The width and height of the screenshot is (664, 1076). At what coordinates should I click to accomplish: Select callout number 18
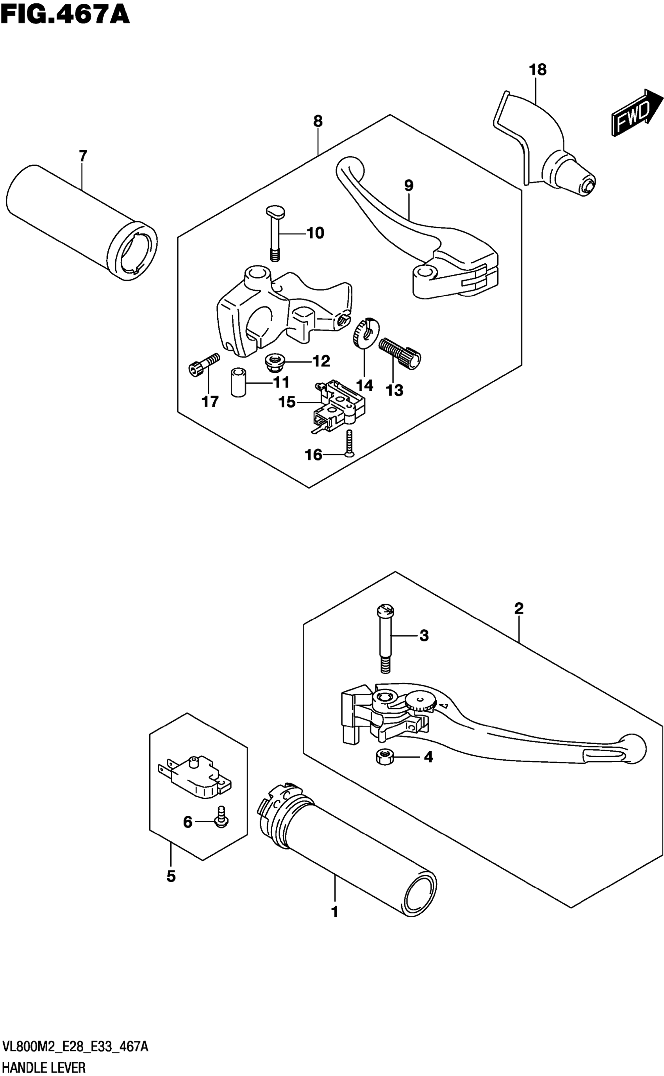point(537,70)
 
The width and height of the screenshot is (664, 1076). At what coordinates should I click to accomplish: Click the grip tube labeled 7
point(81,222)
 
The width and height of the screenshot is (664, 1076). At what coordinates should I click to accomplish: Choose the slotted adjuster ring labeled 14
point(365,333)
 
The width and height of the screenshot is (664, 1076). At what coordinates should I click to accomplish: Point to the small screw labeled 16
point(349,443)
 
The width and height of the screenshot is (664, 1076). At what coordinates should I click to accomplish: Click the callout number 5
point(171,877)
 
